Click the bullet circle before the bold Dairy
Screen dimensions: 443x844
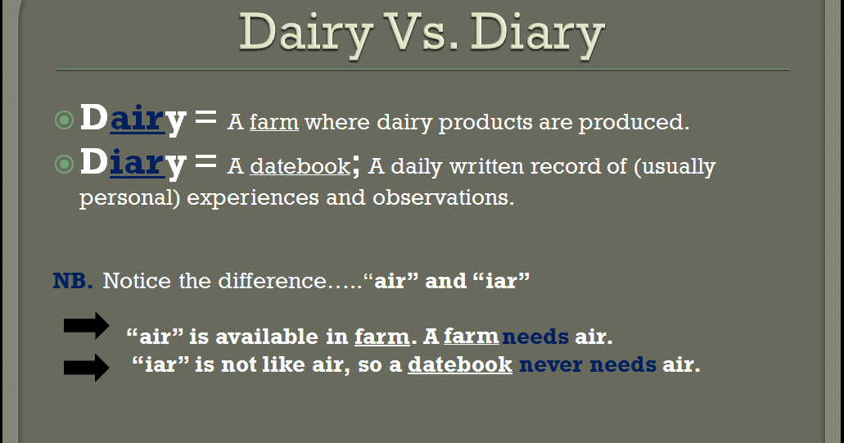pos(64,120)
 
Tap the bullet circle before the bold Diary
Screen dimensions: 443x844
pos(64,164)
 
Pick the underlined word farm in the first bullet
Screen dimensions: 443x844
pos(273,123)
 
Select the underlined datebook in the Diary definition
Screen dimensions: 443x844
pos(300,166)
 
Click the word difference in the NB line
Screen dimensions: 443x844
pos(271,281)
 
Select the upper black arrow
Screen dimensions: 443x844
pos(86,325)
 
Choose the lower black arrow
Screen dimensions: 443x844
pos(86,367)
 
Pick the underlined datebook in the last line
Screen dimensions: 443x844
pos(459,365)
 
